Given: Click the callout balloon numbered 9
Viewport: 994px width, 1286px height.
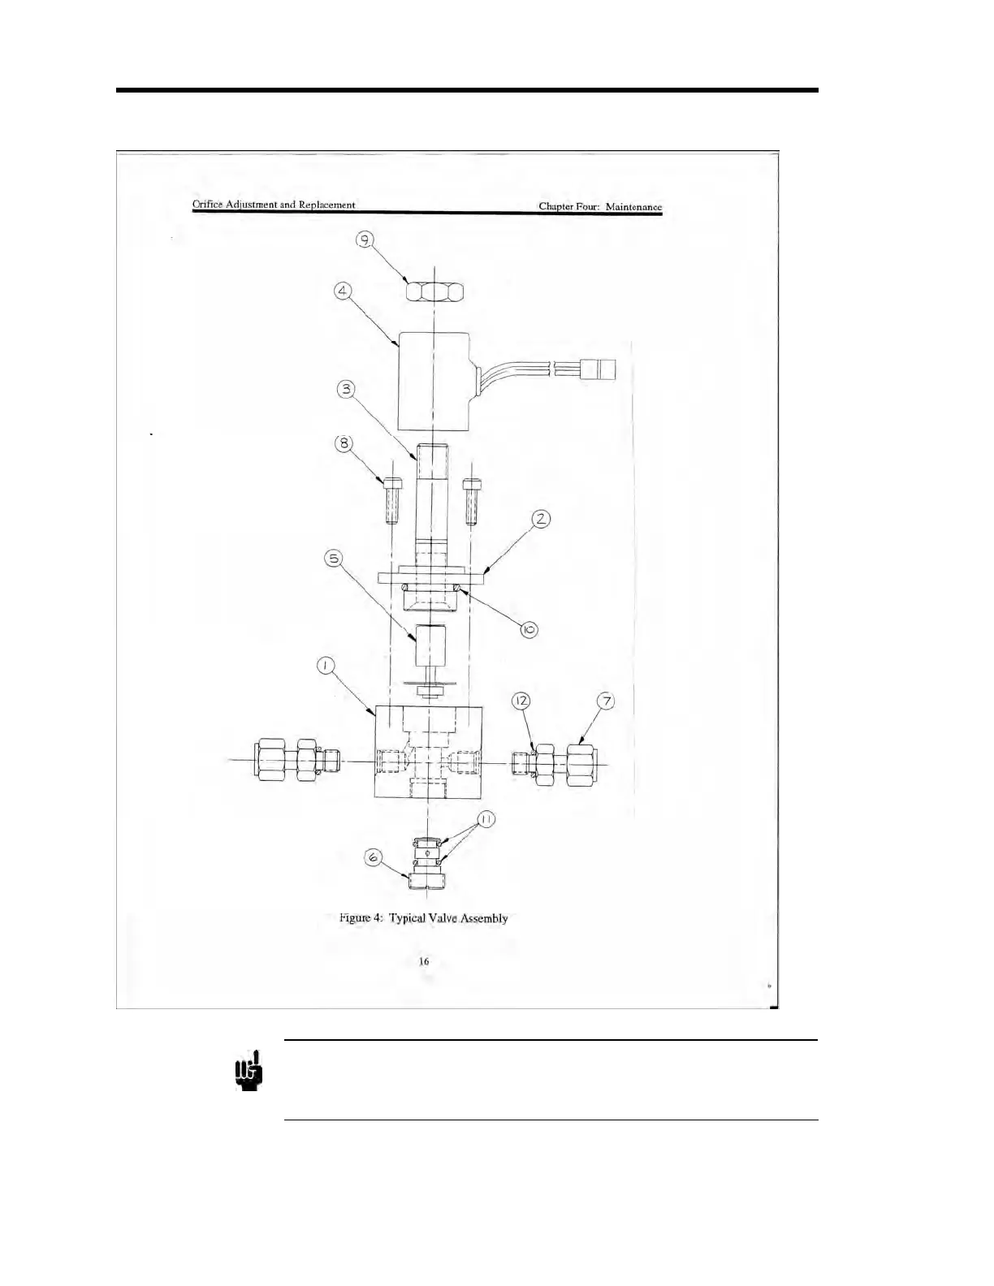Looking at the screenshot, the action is click(366, 241).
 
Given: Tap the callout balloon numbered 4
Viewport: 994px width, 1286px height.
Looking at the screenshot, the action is click(344, 313).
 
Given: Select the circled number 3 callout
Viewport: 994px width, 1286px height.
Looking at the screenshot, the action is click(347, 389).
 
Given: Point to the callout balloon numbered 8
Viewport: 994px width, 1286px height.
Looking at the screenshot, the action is click(344, 444).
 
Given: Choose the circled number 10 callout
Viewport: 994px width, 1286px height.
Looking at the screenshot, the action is click(529, 629).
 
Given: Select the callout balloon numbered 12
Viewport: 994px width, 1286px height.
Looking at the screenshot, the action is click(521, 700).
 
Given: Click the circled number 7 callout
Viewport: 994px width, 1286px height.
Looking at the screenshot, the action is click(604, 700).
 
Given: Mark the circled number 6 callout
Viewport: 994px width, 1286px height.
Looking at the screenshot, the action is click(373, 857).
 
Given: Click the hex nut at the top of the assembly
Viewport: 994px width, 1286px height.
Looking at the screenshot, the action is click(434, 290).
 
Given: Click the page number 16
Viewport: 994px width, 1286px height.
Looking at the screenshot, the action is click(424, 961).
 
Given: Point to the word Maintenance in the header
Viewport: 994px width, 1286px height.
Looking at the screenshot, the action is click(634, 207).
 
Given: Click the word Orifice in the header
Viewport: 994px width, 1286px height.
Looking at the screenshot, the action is click(209, 205).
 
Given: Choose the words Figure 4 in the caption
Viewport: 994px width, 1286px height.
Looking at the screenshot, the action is click(361, 918).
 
